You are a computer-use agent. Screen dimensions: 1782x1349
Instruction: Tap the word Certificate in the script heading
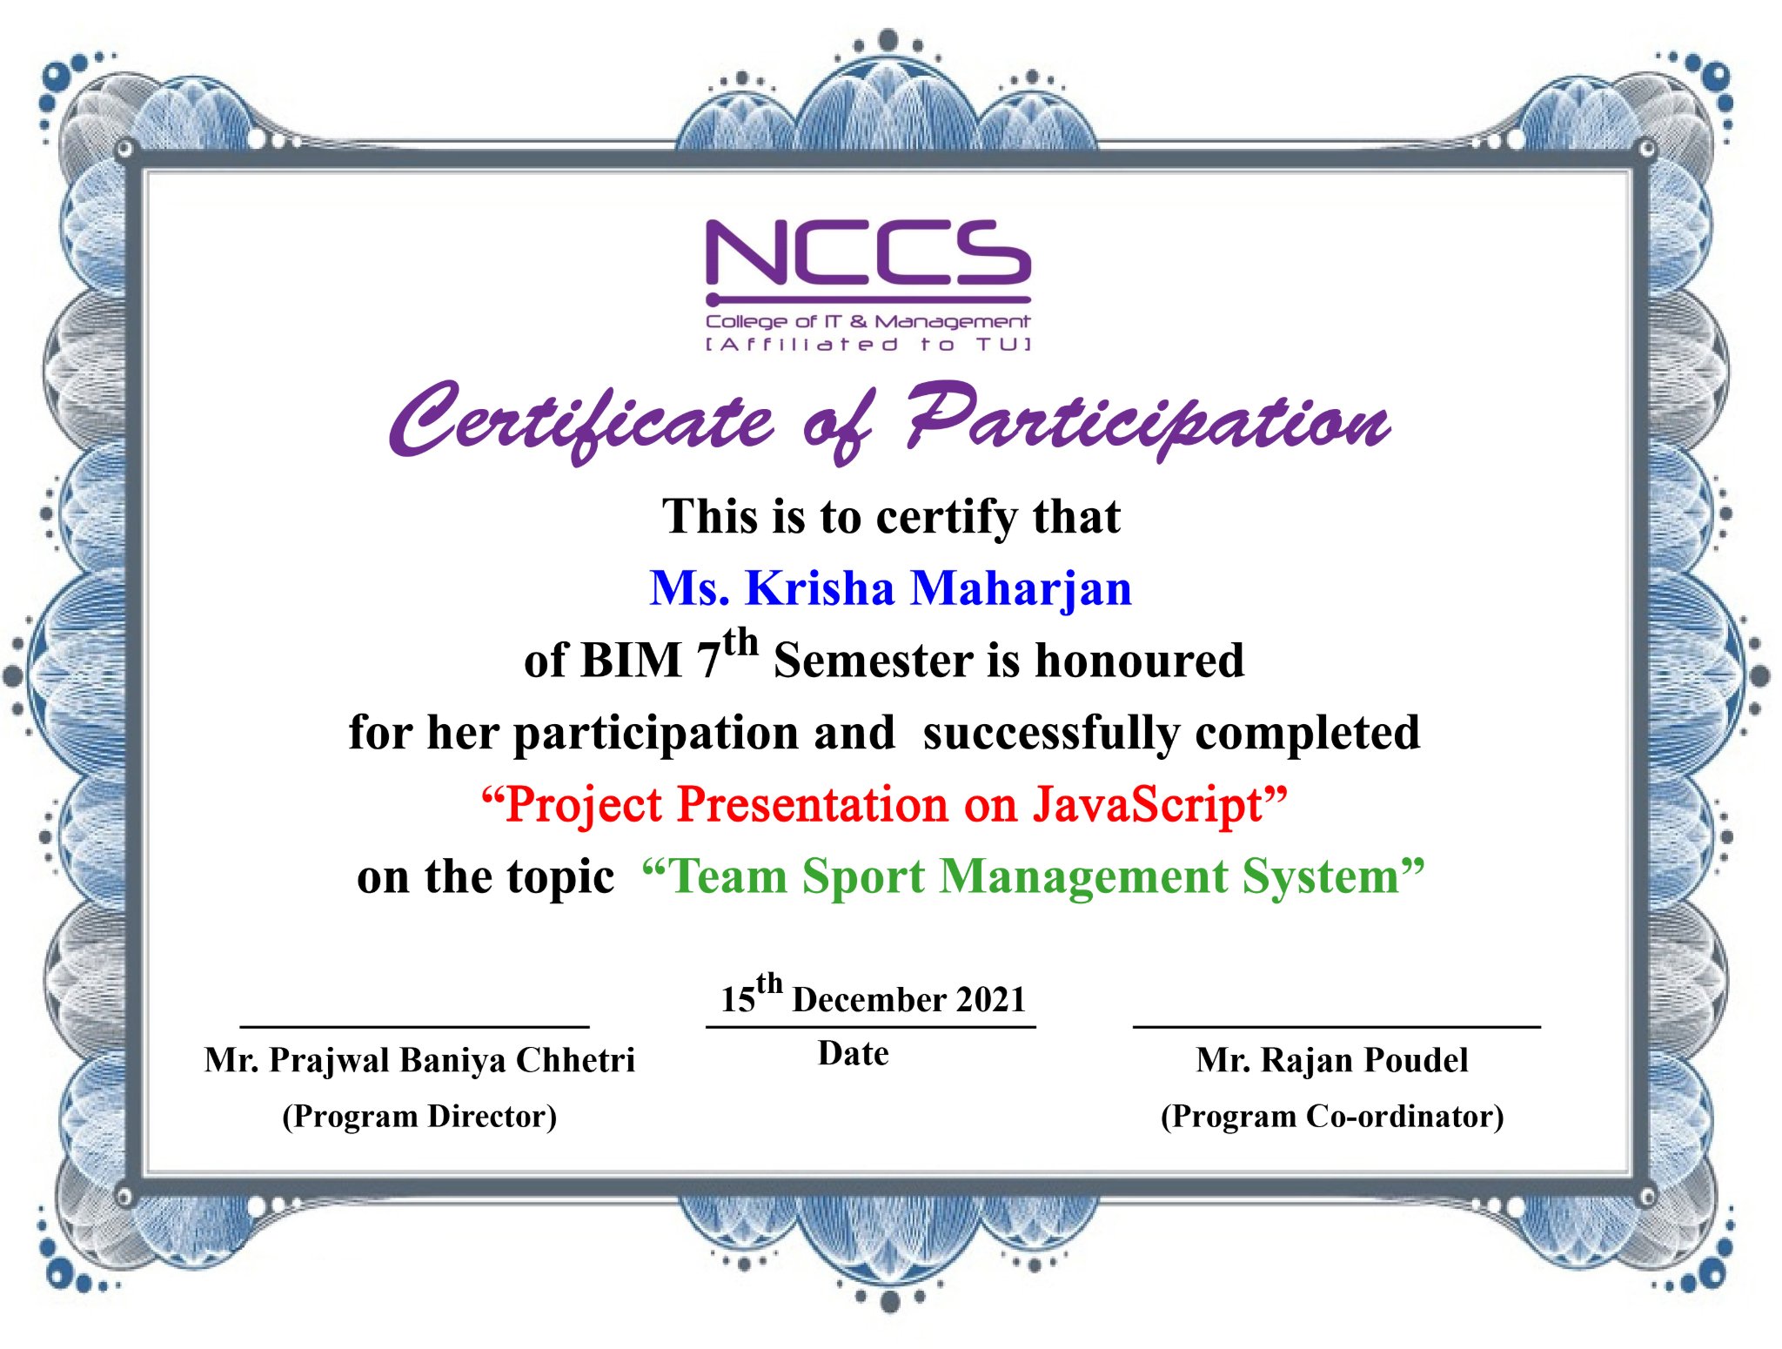pos(581,421)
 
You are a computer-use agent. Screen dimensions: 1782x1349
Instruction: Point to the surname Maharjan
pos(1022,590)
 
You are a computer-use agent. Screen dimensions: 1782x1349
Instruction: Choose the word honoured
pos(1140,660)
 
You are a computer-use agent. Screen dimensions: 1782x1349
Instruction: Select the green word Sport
pos(863,878)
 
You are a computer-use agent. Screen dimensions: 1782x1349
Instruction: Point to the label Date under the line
pos(854,1054)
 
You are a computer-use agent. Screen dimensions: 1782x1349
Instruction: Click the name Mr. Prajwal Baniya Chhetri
pos(419,1061)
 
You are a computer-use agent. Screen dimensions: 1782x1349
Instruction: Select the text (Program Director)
pos(419,1117)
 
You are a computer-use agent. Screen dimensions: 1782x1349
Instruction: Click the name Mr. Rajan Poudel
pos(1332,1060)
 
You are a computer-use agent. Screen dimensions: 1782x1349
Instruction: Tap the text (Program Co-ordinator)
pos(1332,1117)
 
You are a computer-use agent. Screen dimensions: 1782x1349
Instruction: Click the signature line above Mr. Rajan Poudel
pos(1336,1027)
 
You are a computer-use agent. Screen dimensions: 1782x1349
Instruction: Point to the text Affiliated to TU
pos(868,345)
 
